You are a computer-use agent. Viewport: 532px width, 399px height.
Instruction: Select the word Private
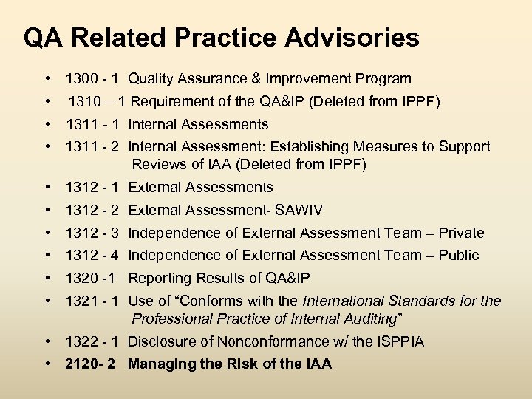(460, 233)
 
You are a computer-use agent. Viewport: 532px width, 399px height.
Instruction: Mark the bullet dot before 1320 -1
(47, 278)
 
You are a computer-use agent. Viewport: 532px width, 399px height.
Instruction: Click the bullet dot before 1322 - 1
(47, 341)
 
